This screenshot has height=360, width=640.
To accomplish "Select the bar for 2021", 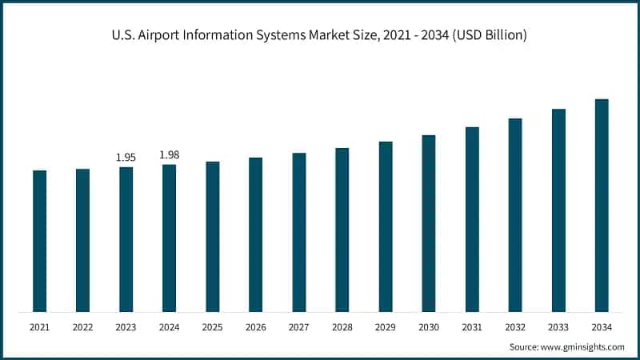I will pos(39,240).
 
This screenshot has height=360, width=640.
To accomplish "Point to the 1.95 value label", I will pos(126,158).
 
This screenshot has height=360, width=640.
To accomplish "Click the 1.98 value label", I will pos(169,154).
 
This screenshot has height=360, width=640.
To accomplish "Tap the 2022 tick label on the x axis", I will pos(82,327).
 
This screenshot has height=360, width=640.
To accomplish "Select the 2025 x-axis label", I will pos(212,327).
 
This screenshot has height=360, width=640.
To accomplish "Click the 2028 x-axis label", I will pos(342,327).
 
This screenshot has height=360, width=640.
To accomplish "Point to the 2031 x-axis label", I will pos(471,327).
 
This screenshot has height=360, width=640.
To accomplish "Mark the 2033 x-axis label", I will pos(558,327).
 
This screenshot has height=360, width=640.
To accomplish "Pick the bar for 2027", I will pos(298,232).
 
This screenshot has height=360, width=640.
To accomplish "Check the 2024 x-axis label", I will pos(169,327).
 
